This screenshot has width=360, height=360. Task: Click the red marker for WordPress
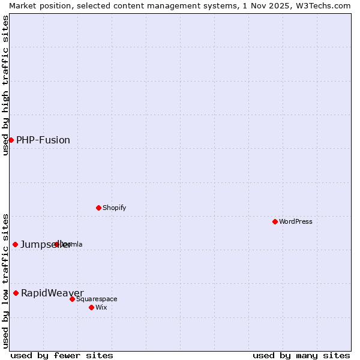275,221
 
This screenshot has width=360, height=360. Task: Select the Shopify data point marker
98,208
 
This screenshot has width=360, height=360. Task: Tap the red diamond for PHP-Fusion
11,140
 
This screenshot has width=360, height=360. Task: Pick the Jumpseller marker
15,244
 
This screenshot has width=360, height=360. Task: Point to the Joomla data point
57,244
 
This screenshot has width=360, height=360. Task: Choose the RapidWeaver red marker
16,293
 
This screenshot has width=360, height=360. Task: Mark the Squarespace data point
72,299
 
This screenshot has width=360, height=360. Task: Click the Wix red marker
91,307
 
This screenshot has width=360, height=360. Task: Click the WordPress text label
296,221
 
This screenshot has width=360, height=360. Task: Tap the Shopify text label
114,208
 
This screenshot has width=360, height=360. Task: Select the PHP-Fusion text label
43,140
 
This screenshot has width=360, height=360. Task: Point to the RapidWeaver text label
52,293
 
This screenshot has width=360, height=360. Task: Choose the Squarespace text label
97,299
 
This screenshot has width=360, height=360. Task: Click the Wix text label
101,307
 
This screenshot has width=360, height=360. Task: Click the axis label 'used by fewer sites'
62,355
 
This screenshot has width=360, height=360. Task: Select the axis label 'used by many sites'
301,355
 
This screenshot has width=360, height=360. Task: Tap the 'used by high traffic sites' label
5,85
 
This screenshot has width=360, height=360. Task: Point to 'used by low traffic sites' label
5,280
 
